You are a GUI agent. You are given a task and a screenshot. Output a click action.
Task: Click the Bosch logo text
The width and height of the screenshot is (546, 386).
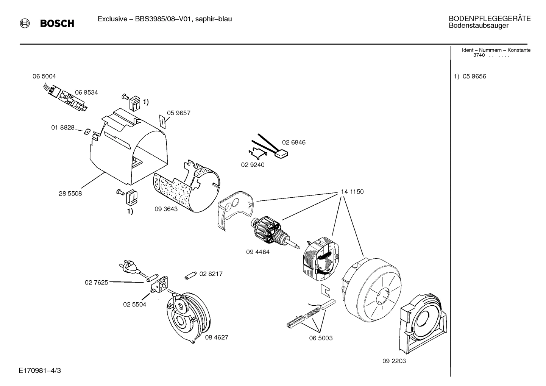pos(57,24)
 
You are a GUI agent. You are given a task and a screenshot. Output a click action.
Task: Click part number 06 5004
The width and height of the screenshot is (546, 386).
pos(44,77)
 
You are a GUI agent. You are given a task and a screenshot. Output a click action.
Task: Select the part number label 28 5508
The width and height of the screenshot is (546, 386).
pos(70,194)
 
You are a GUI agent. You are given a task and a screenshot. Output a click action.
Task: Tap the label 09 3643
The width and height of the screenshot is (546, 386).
pos(166,209)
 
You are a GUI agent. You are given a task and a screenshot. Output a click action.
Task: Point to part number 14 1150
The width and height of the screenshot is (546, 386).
pos(352,192)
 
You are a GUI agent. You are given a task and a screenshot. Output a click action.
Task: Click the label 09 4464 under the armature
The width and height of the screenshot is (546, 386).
pos(257,252)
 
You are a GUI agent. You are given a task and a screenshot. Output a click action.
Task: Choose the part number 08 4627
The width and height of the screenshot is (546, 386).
pos(217,337)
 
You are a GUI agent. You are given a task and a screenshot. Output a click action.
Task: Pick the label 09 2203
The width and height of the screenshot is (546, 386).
pos(394,361)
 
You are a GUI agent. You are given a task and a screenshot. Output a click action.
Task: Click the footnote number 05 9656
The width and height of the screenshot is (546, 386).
pos(474,77)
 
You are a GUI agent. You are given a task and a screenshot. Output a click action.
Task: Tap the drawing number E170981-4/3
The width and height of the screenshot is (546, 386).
pos(39,370)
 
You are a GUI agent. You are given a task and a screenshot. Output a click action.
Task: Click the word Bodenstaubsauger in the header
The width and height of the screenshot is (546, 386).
pos(478,26)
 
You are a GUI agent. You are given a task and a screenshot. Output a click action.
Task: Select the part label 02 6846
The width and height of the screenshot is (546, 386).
pos(293,142)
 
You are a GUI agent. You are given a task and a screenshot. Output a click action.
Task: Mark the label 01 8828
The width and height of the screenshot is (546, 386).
pos(63,128)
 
